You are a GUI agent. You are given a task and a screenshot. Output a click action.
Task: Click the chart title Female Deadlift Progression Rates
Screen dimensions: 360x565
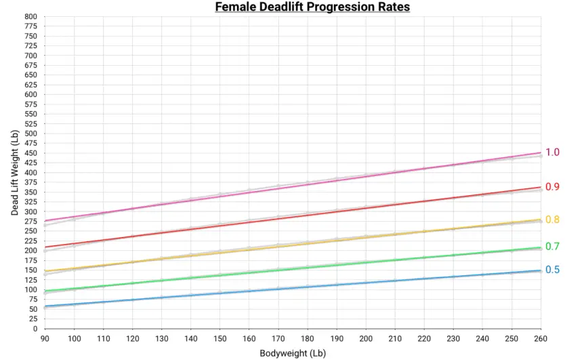click(312, 7)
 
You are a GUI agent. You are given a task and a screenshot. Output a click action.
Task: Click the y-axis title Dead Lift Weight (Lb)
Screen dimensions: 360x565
click(14, 172)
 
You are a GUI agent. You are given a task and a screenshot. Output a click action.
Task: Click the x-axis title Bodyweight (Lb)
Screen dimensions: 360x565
click(292, 353)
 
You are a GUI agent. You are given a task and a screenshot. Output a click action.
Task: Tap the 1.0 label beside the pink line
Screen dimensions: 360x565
click(552, 153)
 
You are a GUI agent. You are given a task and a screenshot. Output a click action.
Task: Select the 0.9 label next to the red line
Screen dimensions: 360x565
click(552, 187)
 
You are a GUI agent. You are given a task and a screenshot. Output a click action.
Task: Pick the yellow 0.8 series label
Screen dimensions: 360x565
click(552, 220)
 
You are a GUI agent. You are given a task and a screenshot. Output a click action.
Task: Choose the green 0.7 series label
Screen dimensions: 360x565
click(552, 247)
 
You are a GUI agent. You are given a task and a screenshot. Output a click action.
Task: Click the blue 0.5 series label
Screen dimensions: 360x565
click(552, 270)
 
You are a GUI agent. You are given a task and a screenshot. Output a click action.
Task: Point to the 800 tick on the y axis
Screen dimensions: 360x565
click(30, 16)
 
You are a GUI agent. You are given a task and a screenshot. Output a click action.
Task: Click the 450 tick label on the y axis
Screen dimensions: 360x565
click(30, 153)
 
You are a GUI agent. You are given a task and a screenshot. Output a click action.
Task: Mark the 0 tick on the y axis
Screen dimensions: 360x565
click(35, 329)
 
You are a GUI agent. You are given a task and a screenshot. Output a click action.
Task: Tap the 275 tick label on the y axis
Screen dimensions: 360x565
click(30, 222)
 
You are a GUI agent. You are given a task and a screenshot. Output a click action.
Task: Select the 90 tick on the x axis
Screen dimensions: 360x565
click(45, 338)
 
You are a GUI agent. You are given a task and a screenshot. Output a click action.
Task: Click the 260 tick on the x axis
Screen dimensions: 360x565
click(541, 338)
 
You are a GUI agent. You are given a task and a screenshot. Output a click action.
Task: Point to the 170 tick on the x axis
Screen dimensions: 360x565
click(278, 338)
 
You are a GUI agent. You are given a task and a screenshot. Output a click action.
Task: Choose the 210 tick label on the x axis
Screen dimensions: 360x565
click(395, 338)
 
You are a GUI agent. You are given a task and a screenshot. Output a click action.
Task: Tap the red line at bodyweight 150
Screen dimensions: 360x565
click(220, 226)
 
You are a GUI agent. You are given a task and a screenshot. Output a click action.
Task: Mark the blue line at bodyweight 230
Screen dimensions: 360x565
click(453, 277)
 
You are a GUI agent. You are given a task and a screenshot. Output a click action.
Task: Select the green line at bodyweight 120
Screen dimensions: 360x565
click(133, 283)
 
